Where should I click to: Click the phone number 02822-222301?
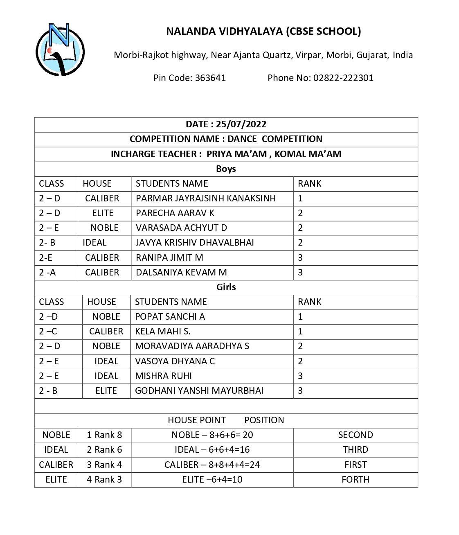click(x=343, y=78)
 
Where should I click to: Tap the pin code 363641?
click(x=210, y=78)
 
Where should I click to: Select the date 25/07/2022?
click(x=241, y=124)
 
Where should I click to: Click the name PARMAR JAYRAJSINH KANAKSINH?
click(x=205, y=198)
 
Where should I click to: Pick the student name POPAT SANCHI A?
click(x=170, y=316)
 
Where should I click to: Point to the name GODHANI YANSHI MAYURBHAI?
click(x=199, y=391)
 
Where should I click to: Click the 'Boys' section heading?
click(x=226, y=169)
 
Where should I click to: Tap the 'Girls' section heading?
click(x=226, y=287)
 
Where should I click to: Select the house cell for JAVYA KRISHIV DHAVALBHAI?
click(x=94, y=242)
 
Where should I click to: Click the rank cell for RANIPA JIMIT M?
click(x=300, y=257)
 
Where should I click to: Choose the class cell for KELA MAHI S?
click(x=48, y=331)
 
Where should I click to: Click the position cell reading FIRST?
click(x=355, y=465)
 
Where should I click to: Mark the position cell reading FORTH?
click(x=355, y=479)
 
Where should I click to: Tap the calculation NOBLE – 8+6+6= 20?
click(x=212, y=435)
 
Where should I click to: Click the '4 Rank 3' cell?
click(x=104, y=479)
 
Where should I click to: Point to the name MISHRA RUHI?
click(x=163, y=376)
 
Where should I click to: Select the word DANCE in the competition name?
click(x=242, y=139)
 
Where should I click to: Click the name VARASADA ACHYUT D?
click(x=181, y=228)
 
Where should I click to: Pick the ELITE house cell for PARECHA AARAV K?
click(x=103, y=213)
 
